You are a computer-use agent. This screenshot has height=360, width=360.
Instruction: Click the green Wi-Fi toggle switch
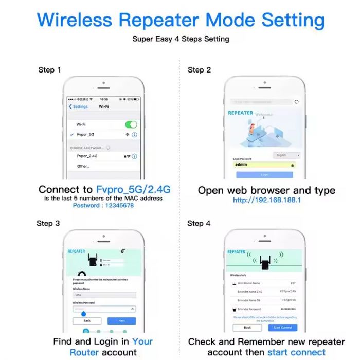click(x=131, y=124)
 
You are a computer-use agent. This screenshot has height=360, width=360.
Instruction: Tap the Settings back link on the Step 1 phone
click(x=79, y=106)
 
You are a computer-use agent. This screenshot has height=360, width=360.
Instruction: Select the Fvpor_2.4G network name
click(x=87, y=156)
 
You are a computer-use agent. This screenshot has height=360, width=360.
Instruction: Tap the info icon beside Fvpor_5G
click(x=135, y=134)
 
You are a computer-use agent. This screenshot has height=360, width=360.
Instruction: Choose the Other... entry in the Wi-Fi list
click(x=83, y=166)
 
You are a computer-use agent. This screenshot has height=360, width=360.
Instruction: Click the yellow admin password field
click(x=264, y=165)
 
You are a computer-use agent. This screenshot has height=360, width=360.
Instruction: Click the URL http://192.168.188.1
click(x=266, y=200)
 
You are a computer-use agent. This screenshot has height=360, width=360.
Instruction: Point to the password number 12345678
click(x=119, y=205)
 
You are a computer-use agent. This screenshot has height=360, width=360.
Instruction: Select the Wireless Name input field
click(x=104, y=295)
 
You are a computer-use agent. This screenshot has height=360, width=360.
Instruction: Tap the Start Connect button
click(x=282, y=327)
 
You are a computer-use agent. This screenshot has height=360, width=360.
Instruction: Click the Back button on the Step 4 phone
click(x=247, y=327)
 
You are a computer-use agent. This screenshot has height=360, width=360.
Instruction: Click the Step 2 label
click(x=199, y=70)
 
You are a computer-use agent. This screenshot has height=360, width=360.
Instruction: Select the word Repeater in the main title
click(x=159, y=20)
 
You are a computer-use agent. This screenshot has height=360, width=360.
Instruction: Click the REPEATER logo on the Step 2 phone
click(x=240, y=113)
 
